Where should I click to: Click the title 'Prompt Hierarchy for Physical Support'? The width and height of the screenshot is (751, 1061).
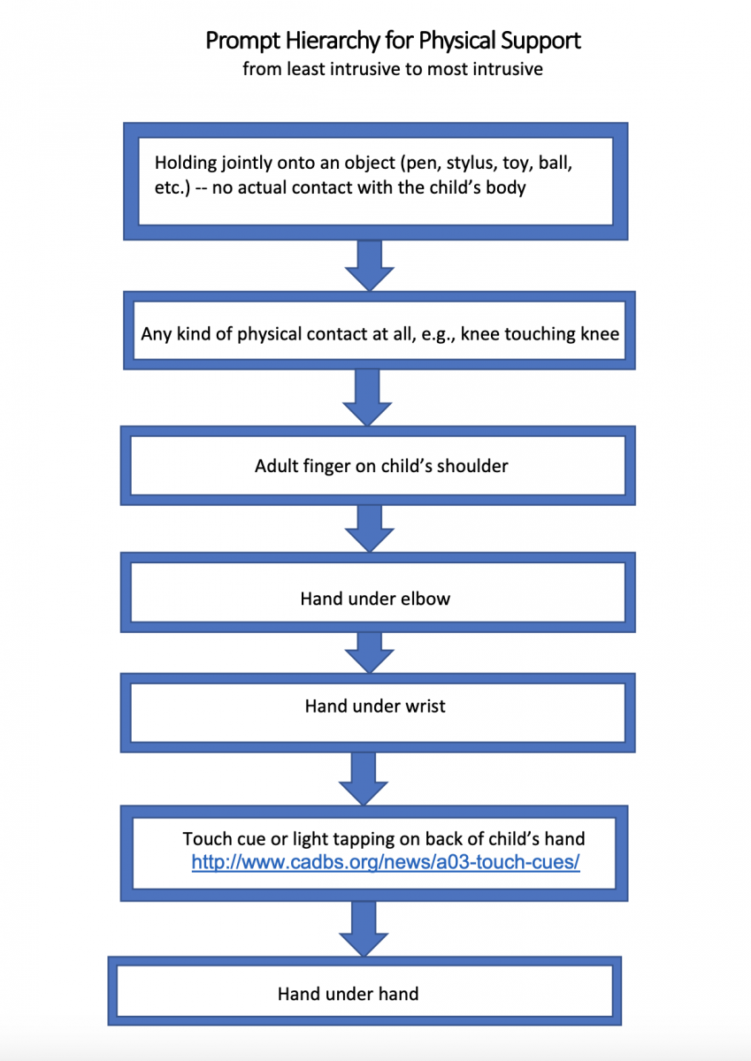pos(393,41)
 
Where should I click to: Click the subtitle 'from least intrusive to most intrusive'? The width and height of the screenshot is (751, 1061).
pos(393,69)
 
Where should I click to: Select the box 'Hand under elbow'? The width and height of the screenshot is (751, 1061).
pos(375,599)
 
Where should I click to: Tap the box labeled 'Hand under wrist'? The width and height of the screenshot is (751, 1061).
pos(375,706)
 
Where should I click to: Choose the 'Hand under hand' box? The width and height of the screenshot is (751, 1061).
pos(348,994)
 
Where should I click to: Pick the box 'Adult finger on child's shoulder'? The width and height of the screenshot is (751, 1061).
pos(381,466)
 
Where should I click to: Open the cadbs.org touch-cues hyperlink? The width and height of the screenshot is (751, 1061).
pos(386,860)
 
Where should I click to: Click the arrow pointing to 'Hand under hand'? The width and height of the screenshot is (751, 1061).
pos(364,927)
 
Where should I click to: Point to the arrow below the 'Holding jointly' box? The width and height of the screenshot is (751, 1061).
pos(369,264)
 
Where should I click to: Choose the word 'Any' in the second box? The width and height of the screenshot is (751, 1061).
pos(156,335)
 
